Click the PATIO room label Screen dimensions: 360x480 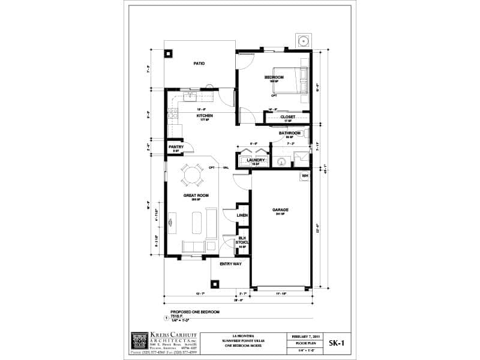click(x=199, y=63)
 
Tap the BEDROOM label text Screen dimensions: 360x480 click(x=274, y=77)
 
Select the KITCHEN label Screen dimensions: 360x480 click(x=205, y=116)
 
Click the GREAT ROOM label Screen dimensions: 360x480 click(x=195, y=196)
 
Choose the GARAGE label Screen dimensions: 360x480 click(x=281, y=210)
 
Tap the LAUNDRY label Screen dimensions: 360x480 click(x=256, y=160)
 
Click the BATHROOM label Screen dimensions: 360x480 click(x=289, y=133)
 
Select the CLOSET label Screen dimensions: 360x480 click(x=288, y=117)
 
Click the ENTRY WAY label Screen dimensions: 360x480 click(x=230, y=263)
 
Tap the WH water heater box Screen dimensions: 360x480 click(x=305, y=176)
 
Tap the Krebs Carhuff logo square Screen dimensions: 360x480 click(x=139, y=340)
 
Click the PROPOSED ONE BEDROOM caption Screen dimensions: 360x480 click(x=195, y=312)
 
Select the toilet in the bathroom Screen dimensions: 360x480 click(x=281, y=161)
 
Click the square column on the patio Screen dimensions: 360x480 click(x=169, y=53)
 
